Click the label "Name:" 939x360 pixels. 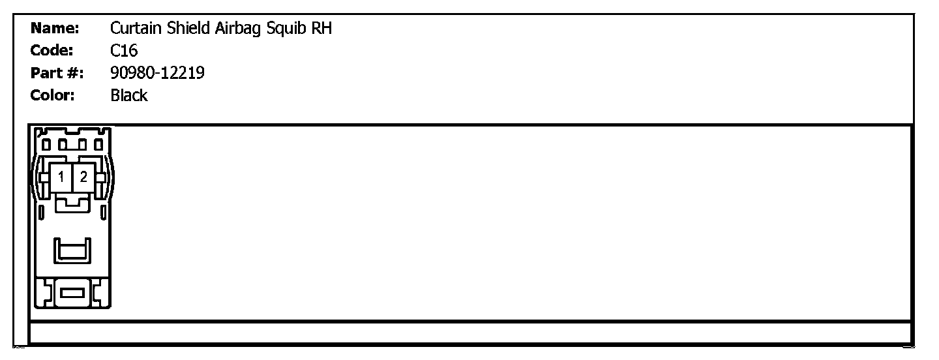(55, 28)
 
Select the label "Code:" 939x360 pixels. (52, 50)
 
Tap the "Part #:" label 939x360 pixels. (57, 73)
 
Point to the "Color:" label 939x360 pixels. (53, 95)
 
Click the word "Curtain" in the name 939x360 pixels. (133, 28)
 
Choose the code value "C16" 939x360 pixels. (124, 50)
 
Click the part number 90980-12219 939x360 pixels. (157, 73)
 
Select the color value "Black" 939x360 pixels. (129, 95)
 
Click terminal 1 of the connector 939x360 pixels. (61, 177)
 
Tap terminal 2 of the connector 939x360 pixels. (83, 177)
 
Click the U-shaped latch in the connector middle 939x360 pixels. (72, 250)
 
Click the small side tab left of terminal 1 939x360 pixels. (44, 177)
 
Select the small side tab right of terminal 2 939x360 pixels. (100, 177)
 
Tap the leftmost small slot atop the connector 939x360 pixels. (46, 143)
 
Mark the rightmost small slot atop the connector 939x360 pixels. (98, 143)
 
